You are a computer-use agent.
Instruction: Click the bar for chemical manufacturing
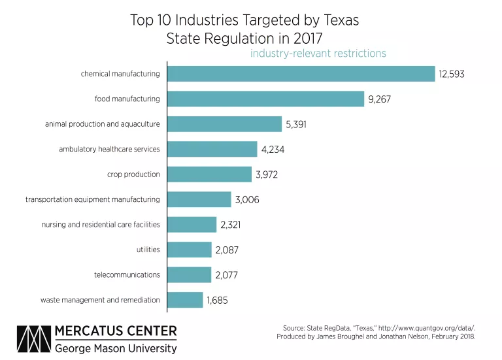pyautogui.click(x=301, y=74)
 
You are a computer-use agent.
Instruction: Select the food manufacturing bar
pyautogui.click(x=266, y=99)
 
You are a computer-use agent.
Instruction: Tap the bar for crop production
pyautogui.click(x=210, y=174)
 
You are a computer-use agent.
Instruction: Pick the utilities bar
pyautogui.click(x=190, y=250)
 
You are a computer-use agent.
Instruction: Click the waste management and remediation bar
pyautogui.click(x=186, y=300)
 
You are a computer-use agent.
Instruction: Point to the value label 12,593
pyautogui.click(x=452, y=74)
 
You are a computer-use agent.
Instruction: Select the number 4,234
pyautogui.click(x=273, y=150)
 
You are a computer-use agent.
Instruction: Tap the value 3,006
pyautogui.click(x=247, y=200)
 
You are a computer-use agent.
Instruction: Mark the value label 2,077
pyautogui.click(x=227, y=276)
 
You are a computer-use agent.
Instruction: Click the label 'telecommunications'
pyautogui.click(x=127, y=275)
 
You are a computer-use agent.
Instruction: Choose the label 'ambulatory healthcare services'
pyautogui.click(x=109, y=149)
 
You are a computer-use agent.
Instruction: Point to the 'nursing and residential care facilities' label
pyautogui.click(x=101, y=225)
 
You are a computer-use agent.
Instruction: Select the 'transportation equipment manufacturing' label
pyautogui.click(x=93, y=199)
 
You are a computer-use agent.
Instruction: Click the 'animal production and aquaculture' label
pyautogui.click(x=102, y=124)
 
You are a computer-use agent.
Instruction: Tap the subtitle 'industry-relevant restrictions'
pyautogui.click(x=318, y=54)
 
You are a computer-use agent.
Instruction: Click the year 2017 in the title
pyautogui.click(x=303, y=39)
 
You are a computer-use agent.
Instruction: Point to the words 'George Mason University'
pyautogui.click(x=116, y=348)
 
